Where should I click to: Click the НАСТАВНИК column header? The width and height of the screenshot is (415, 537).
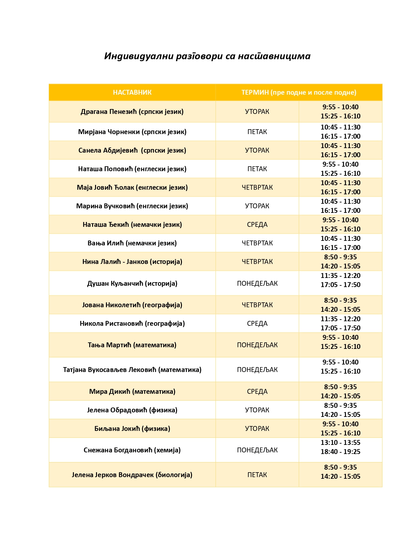point(132,92)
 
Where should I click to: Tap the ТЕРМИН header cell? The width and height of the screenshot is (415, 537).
point(298,92)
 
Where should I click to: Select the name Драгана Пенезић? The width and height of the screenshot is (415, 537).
point(132,112)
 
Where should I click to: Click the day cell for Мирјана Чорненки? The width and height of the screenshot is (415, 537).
point(257,132)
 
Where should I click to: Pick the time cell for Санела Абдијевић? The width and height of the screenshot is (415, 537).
point(340,150)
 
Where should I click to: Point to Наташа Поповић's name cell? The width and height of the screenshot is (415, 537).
point(132,169)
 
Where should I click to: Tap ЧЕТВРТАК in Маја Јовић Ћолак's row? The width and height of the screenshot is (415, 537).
point(257,187)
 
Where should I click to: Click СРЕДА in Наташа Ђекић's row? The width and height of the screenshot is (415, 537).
point(257,225)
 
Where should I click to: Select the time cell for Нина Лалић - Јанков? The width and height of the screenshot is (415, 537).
point(340,262)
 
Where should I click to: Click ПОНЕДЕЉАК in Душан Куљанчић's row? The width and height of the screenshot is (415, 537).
point(257,283)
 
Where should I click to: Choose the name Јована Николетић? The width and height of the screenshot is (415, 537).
point(132,305)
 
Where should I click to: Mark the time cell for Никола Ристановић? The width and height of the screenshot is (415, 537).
point(340,324)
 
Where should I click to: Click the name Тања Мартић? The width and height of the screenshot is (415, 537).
point(132,345)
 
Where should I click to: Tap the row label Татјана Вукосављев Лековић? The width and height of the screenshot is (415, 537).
point(132,370)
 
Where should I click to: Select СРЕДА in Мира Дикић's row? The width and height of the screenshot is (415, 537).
point(257,392)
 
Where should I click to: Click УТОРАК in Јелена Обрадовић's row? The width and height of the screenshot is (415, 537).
point(257,410)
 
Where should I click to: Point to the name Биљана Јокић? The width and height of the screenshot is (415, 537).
point(132,429)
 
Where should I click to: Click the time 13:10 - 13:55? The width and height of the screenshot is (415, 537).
point(340,443)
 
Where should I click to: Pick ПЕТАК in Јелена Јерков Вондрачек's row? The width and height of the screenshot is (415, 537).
point(257,475)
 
